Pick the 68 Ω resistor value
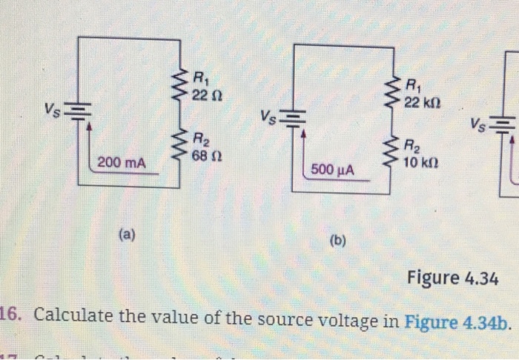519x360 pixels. tap(202, 156)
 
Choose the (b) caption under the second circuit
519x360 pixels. tap(338, 241)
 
